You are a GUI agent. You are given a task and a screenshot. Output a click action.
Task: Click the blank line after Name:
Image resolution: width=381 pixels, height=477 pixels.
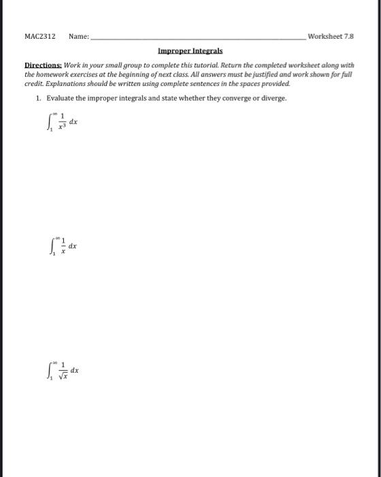[x=197, y=38]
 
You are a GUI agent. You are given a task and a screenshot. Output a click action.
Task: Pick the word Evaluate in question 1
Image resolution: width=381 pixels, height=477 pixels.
[x=60, y=97]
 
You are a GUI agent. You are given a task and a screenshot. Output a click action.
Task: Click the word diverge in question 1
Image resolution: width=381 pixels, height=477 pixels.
[x=267, y=97]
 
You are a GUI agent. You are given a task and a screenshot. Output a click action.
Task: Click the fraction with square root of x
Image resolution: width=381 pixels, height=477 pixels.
[x=60, y=371]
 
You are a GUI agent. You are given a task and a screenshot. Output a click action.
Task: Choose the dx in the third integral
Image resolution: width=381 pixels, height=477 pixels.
[x=74, y=370]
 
